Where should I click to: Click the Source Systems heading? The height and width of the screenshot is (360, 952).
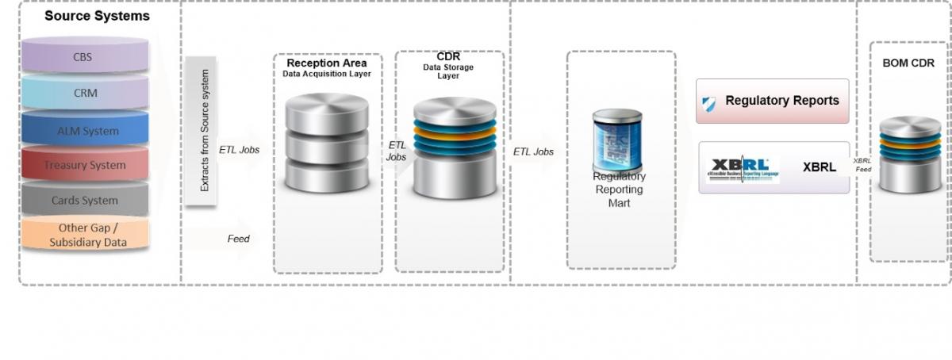[97, 16]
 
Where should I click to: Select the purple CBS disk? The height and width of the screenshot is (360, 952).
[86, 57]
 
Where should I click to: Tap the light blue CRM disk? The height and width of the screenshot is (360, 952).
[86, 93]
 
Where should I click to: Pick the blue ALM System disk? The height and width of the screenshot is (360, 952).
[86, 130]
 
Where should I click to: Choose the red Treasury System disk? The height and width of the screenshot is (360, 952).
[86, 165]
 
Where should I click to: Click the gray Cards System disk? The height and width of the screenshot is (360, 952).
[86, 201]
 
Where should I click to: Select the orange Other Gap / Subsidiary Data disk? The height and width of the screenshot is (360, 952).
[86, 235]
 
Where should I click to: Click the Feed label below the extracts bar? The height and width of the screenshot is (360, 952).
[238, 238]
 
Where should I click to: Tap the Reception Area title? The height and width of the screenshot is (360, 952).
[327, 63]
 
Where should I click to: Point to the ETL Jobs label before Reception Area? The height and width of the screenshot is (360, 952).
[239, 149]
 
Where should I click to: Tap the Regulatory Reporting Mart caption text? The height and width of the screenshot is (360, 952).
[620, 190]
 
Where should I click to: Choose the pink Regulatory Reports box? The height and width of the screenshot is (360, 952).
[772, 101]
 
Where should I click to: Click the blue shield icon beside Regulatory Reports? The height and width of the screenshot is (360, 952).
[709, 103]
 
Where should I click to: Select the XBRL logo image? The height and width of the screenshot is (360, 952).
[743, 167]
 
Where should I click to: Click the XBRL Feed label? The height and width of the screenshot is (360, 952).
[862, 164]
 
